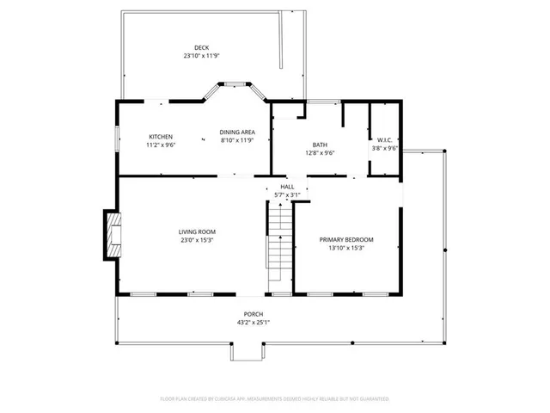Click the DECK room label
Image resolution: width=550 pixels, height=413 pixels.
click(201, 47)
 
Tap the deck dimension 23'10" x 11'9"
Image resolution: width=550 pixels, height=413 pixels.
click(201, 56)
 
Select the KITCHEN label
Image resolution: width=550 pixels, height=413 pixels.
click(161, 137)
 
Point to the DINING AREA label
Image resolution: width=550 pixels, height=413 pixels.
click(236, 132)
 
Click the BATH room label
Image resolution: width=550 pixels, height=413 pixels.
click(320, 145)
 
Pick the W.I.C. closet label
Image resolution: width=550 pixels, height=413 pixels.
click(384, 139)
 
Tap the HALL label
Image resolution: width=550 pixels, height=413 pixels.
click(287, 187)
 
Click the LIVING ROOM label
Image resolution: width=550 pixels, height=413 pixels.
click(197, 232)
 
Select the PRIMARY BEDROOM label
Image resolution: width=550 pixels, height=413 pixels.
click(346, 239)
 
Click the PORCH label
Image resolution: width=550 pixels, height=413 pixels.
click(253, 314)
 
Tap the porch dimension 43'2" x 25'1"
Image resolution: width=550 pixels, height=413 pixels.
click(253, 323)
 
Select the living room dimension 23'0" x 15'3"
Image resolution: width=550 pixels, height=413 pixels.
click(197, 241)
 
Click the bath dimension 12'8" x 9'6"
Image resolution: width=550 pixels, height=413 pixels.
click(320, 153)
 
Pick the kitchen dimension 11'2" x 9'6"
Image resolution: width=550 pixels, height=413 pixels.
click(161, 145)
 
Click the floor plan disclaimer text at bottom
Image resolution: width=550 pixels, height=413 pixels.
click(275, 398)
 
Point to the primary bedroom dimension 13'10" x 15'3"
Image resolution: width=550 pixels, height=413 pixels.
click(346, 248)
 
